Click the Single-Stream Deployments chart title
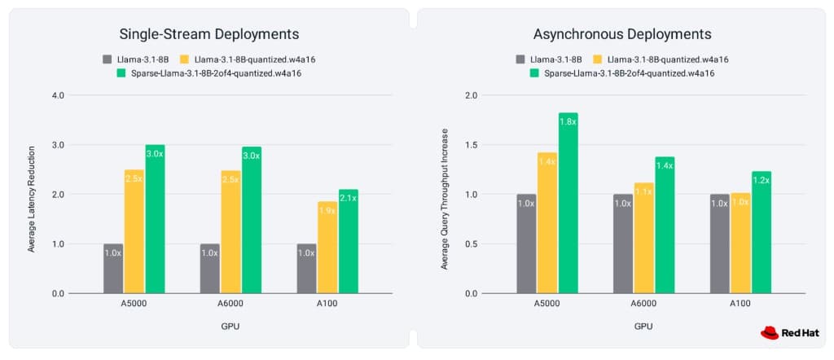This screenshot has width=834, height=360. pyautogui.click(x=209, y=34)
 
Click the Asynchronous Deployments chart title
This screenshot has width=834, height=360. pyautogui.click(x=622, y=34)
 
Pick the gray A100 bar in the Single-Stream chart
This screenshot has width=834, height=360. pyautogui.click(x=306, y=268)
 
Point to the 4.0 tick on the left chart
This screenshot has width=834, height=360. pyautogui.click(x=58, y=95)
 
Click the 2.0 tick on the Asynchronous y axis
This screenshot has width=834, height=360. pyautogui.click(x=471, y=95)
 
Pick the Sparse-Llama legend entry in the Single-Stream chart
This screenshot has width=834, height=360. pyautogui.click(x=208, y=73)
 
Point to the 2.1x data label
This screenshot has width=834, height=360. pyautogui.click(x=349, y=199)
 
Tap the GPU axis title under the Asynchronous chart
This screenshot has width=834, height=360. pyautogui.click(x=644, y=326)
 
